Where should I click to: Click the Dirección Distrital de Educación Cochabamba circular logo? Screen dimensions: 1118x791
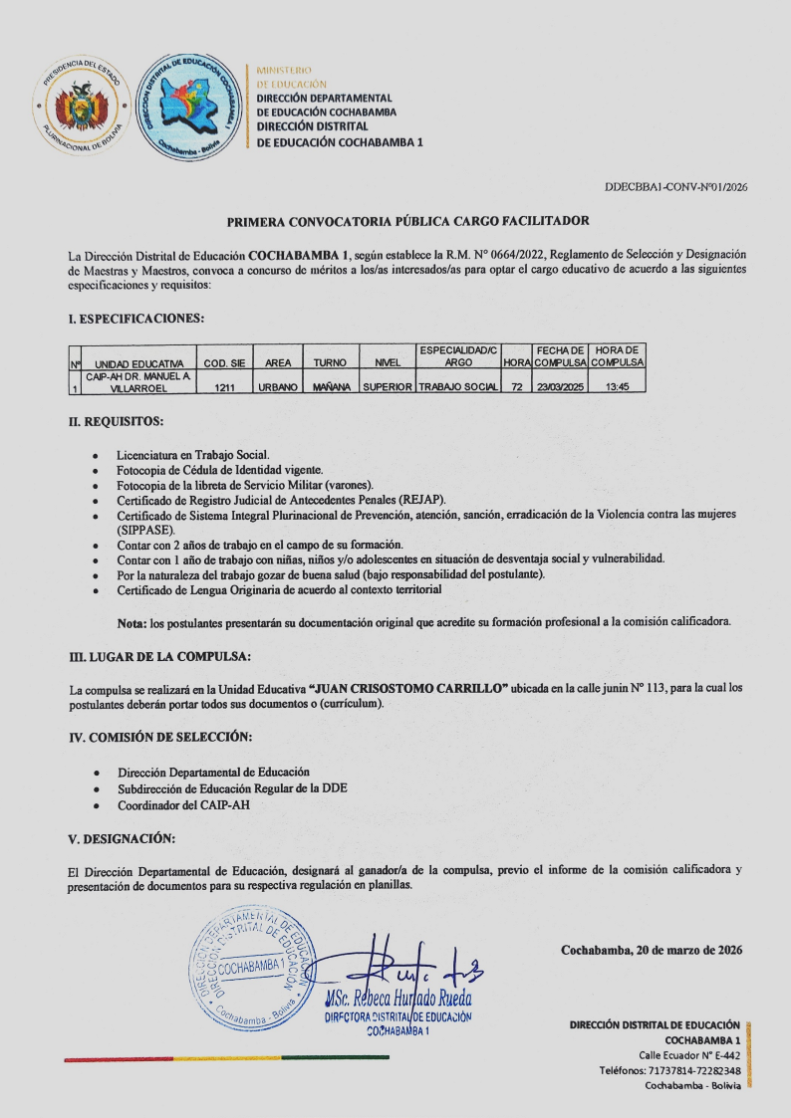tap(189, 103)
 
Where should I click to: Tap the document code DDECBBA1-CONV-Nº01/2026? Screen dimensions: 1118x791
tap(675, 187)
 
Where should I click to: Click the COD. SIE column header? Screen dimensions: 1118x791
tap(224, 363)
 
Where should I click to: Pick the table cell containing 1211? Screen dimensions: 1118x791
tap(224, 386)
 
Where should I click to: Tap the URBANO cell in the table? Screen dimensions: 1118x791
tap(279, 386)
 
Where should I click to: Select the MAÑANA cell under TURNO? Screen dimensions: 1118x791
tap(330, 386)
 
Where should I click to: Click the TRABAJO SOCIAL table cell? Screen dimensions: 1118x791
tap(458, 386)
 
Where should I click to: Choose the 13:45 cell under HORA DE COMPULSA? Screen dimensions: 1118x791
tap(617, 386)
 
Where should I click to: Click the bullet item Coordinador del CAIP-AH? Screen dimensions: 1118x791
tap(183, 804)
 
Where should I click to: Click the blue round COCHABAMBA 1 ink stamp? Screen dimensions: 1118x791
tap(250, 967)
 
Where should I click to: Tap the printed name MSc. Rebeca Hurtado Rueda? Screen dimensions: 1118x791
tap(397, 1000)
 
